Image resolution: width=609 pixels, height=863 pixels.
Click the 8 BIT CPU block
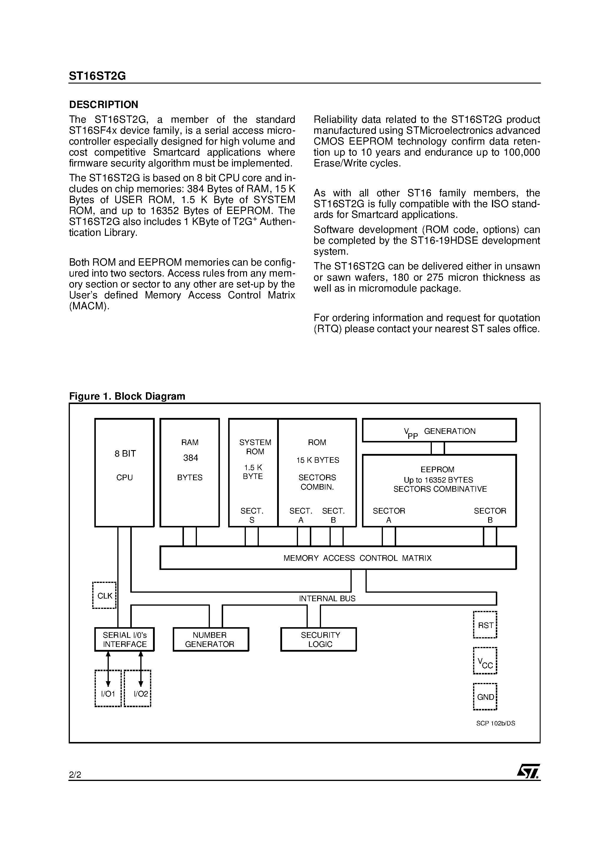click(x=124, y=473)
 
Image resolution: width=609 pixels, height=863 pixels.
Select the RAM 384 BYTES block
click(x=190, y=473)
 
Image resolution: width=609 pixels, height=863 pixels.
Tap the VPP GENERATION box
click(x=439, y=430)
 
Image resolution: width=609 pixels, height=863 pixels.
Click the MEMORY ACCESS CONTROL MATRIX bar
click(x=338, y=558)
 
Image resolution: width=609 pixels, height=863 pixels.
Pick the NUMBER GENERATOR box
click(x=211, y=639)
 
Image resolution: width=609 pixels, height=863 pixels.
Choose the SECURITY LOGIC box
click(x=318, y=639)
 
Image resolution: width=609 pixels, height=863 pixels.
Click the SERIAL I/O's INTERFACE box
click(x=124, y=639)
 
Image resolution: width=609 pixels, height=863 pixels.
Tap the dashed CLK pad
click(x=104, y=595)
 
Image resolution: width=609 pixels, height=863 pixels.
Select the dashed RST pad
click(x=485, y=625)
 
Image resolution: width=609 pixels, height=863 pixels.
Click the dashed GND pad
click(x=485, y=697)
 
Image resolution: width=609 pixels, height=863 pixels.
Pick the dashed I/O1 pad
click(x=108, y=689)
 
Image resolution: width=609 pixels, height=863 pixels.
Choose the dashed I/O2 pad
click(x=137, y=689)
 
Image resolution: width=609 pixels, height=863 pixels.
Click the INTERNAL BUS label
click(x=327, y=598)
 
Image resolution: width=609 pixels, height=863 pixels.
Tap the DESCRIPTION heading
click(x=104, y=104)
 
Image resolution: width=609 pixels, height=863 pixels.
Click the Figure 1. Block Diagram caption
click(x=127, y=396)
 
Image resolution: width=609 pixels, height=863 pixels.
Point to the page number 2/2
click(x=75, y=775)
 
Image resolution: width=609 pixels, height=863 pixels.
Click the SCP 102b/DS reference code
click(x=496, y=723)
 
